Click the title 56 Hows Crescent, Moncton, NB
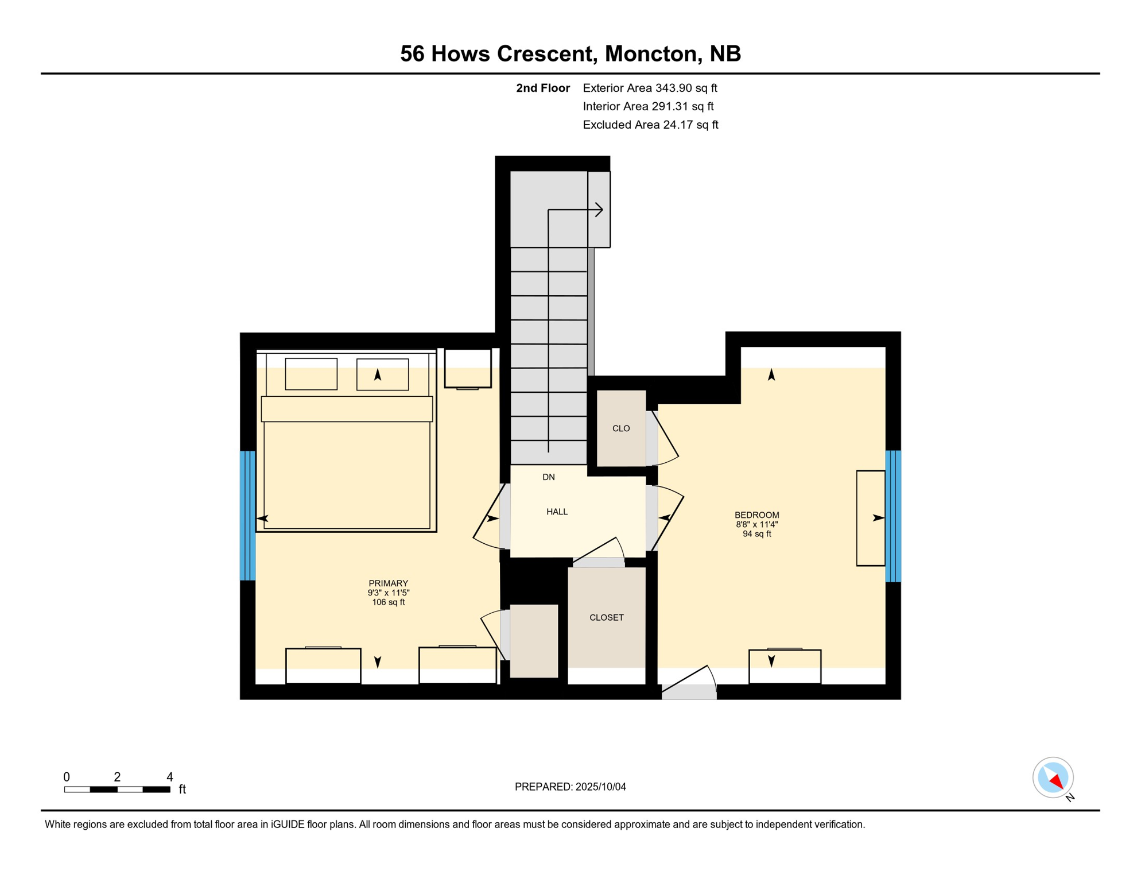coord(570,53)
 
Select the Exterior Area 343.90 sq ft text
coord(650,88)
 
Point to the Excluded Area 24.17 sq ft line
coord(650,125)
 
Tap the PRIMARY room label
coord(388,583)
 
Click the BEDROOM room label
coord(756,515)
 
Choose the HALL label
coord(557,512)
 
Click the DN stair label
coord(548,477)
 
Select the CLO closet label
coord(621,428)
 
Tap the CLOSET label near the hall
coord(606,617)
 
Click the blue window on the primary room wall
coord(248,516)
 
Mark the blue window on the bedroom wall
coord(893,516)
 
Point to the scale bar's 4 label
coord(170,777)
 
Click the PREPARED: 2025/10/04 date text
coord(570,787)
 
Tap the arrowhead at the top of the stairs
coord(599,210)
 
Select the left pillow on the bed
coord(311,374)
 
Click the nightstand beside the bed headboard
coord(468,369)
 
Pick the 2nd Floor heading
coord(542,88)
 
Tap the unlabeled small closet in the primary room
coord(534,641)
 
